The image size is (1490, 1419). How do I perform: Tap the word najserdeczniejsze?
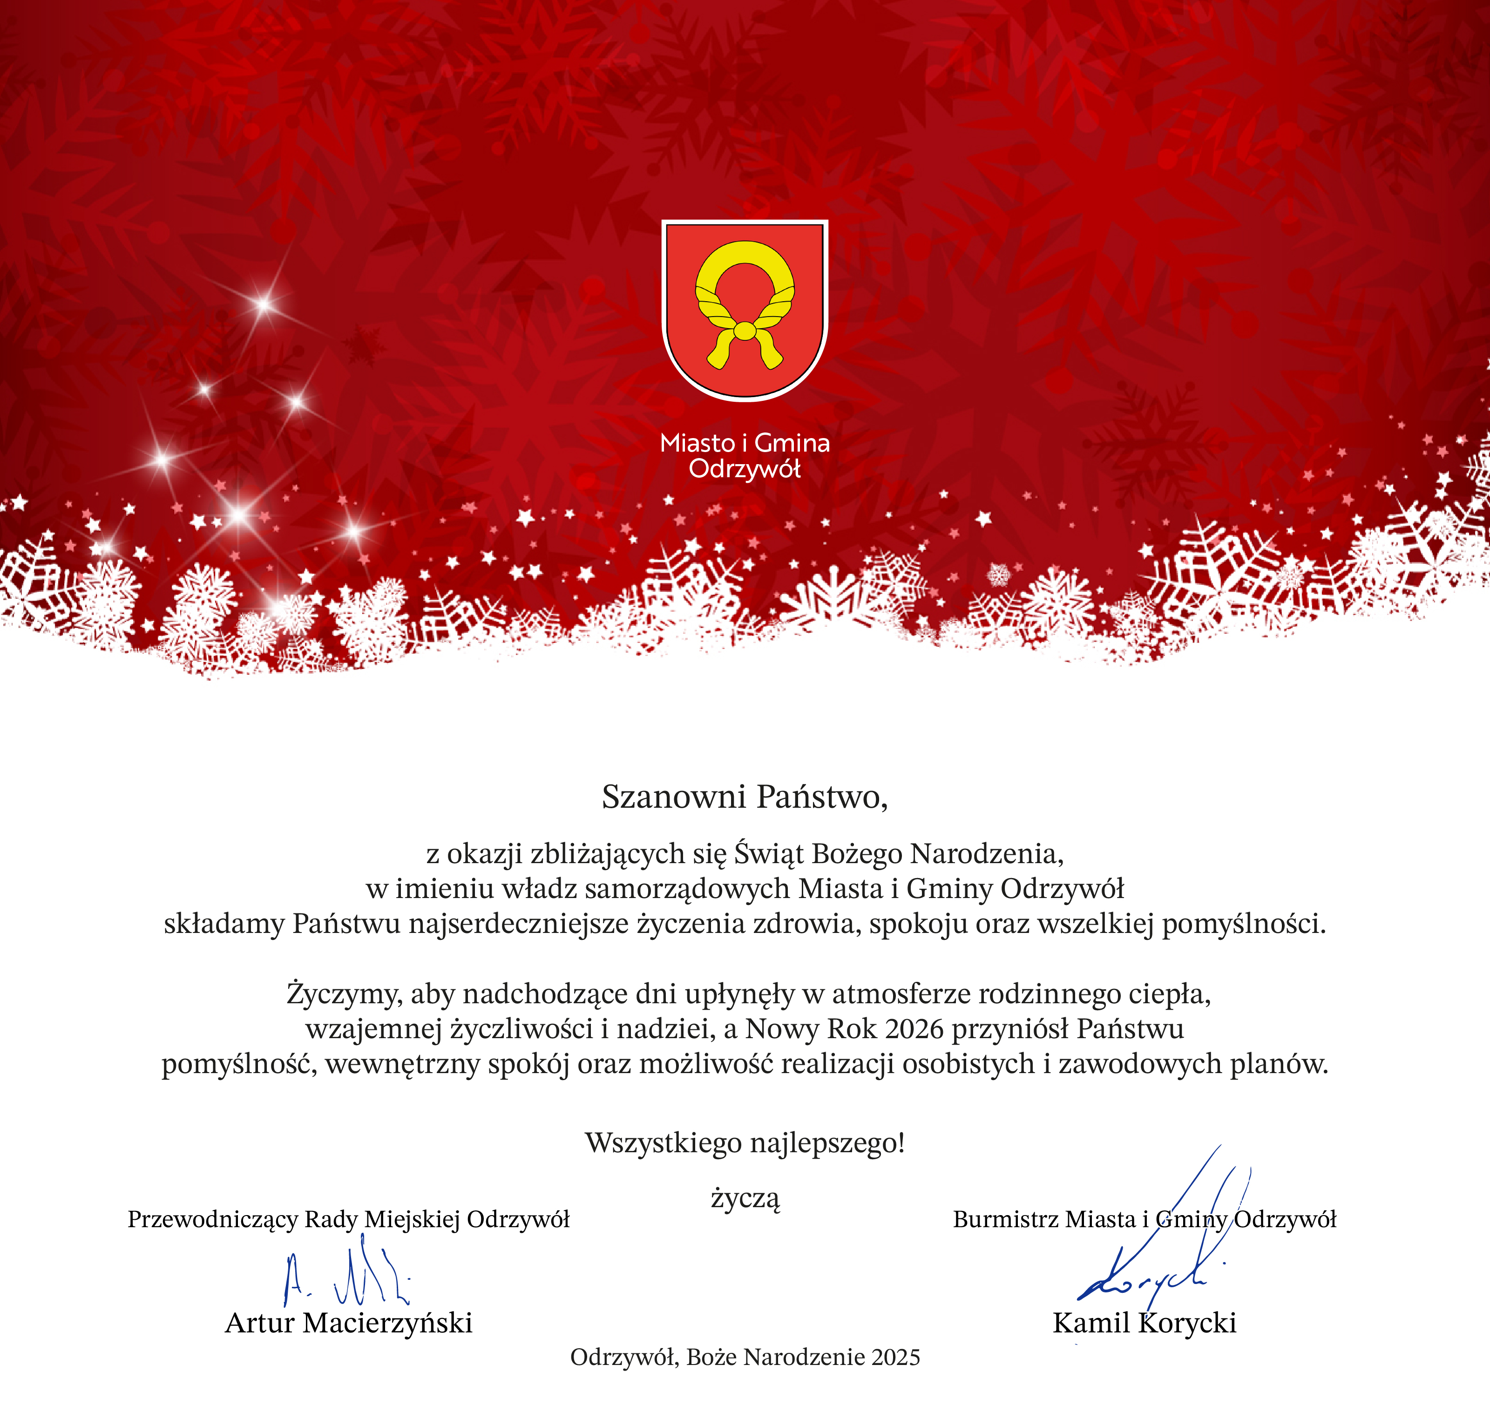point(519,924)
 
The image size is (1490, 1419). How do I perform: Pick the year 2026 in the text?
point(914,1029)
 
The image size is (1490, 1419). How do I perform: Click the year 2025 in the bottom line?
point(895,1357)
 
